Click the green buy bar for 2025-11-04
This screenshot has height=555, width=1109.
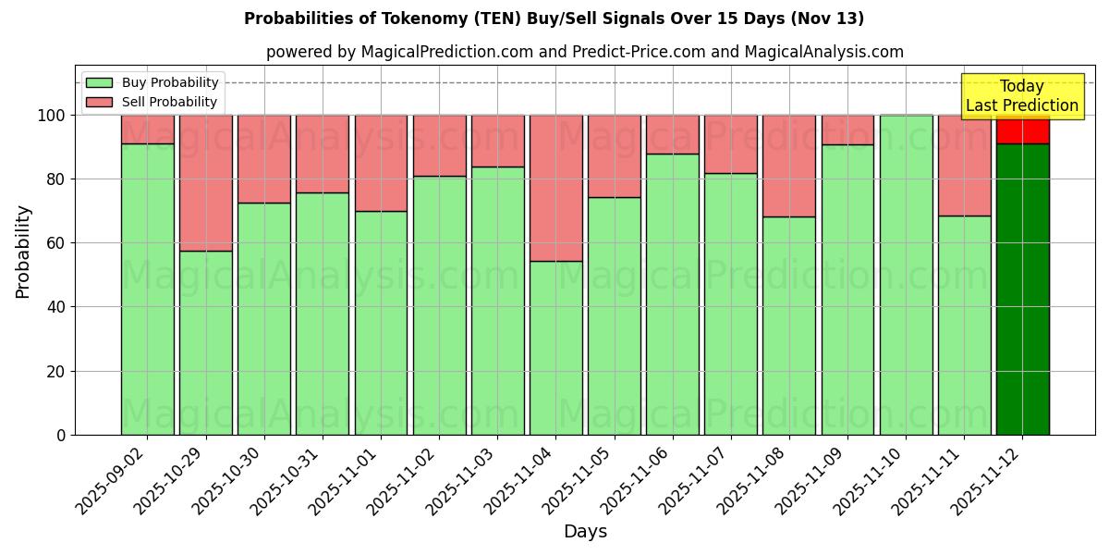tap(555, 348)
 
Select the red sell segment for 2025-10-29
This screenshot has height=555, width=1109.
tap(205, 182)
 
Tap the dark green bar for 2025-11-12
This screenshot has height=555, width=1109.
tap(1022, 289)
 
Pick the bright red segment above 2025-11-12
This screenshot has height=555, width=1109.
tap(1022, 130)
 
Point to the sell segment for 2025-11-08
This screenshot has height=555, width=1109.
tap(789, 166)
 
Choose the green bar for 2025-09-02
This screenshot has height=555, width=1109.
tap(147, 289)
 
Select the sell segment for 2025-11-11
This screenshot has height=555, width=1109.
tap(964, 166)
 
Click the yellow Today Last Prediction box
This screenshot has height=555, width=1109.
tap(1021, 96)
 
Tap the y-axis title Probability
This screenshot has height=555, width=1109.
tap(23, 252)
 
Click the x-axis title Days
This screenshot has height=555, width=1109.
tap(585, 532)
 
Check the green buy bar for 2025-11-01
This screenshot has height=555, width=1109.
tap(381, 323)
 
